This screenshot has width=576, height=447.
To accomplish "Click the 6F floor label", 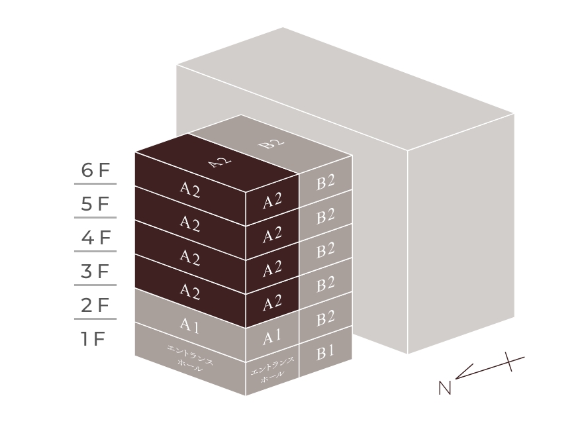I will pos(95,170).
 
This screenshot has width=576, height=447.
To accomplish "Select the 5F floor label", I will pos(95,204).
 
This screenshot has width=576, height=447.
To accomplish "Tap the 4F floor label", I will pos(95,238).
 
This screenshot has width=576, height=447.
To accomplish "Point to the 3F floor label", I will pos(95,272).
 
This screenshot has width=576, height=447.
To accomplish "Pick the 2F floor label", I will pos(95,305).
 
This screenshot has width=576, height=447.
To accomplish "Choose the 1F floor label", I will pos(93,339).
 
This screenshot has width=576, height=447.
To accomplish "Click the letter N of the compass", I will pos(444,388).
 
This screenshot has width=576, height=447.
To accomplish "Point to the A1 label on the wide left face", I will pos(190,325).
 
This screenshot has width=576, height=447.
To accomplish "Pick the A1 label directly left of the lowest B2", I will pos(272,338).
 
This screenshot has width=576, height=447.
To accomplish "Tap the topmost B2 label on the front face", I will pos(325,182).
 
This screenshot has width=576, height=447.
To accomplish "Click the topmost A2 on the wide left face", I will pos(190,190).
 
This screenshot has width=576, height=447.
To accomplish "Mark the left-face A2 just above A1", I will pos(190,291).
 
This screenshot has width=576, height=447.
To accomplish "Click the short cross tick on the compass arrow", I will pos(508,362).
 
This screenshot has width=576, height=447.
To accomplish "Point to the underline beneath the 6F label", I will pos(95,183).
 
